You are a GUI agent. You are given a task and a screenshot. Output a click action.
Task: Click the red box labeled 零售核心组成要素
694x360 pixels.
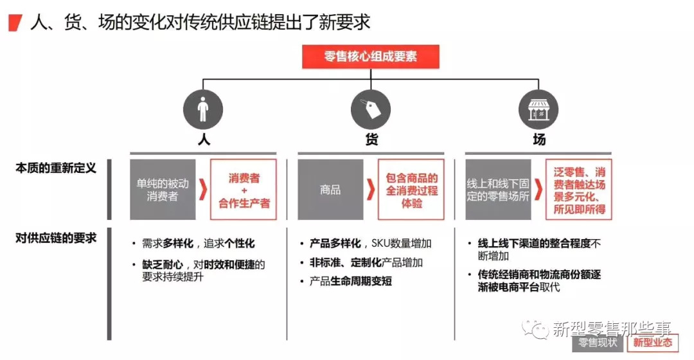pyautogui.click(x=371, y=57)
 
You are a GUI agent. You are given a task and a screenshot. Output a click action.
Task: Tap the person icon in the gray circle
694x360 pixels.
pyautogui.click(x=203, y=109)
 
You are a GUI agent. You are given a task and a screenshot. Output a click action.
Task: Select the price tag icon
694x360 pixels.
pyautogui.click(x=371, y=109)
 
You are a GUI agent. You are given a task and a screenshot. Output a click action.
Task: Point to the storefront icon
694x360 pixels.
pyautogui.click(x=538, y=109)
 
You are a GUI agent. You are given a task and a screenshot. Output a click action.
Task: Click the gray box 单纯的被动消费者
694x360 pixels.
pyautogui.click(x=163, y=190)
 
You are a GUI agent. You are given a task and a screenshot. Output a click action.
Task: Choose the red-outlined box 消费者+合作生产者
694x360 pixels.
pyautogui.click(x=244, y=190)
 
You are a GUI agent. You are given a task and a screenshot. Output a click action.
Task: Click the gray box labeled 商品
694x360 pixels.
pyautogui.click(x=330, y=190)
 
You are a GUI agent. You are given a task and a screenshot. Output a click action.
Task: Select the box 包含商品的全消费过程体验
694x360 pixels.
pyautogui.click(x=411, y=190)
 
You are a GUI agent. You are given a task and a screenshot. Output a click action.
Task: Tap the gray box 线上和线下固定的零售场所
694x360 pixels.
pyautogui.click(x=498, y=190)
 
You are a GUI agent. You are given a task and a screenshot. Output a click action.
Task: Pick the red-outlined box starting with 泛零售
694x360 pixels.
pyautogui.click(x=579, y=190)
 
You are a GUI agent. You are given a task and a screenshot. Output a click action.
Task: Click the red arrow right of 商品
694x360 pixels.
pyautogui.click(x=371, y=190)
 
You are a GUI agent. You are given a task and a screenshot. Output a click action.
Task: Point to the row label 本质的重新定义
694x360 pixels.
pyautogui.click(x=56, y=168)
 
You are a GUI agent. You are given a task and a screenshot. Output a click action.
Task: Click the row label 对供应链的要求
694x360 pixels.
pyautogui.click(x=56, y=239)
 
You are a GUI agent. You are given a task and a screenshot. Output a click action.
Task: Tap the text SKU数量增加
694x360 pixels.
pyautogui.click(x=402, y=244)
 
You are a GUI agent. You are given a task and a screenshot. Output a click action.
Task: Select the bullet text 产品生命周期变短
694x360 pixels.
pyautogui.click(x=351, y=281)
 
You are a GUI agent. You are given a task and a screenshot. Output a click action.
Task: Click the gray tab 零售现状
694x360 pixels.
pyautogui.click(x=598, y=343)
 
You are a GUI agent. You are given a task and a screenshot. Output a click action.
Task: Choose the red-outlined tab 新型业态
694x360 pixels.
pyautogui.click(x=653, y=343)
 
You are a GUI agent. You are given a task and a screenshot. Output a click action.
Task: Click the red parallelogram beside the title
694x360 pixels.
pyautogui.click(x=15, y=23)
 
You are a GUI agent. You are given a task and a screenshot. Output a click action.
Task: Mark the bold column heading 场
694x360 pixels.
pyautogui.click(x=539, y=140)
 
